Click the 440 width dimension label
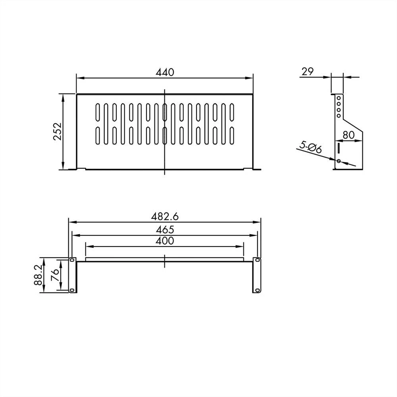(x=165, y=72)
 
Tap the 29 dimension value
(x=308, y=71)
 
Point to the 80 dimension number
(x=348, y=135)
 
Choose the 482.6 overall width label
(x=165, y=217)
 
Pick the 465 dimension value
(x=165, y=229)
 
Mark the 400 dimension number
(x=165, y=241)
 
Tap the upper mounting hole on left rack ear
(x=72, y=260)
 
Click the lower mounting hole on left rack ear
(x=72, y=290)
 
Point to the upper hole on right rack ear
(x=257, y=260)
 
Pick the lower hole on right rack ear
(x=257, y=290)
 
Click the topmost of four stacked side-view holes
(x=338, y=98)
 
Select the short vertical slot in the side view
(x=339, y=148)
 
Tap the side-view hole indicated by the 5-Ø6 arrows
(x=338, y=161)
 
